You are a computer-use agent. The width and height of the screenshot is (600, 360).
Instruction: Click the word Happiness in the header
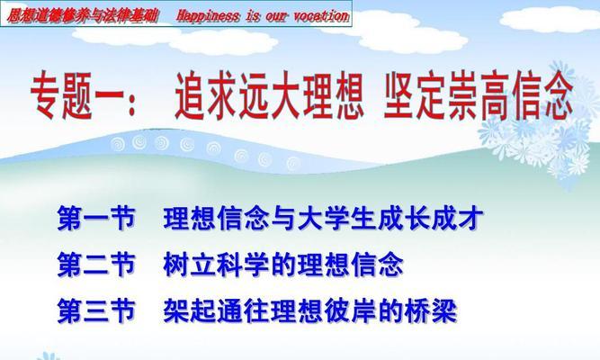click(x=208, y=16)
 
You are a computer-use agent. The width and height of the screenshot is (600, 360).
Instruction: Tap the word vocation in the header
click(x=321, y=16)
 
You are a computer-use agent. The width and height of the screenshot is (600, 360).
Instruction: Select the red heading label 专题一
click(x=76, y=96)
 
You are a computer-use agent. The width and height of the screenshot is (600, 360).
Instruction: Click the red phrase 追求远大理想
click(x=269, y=95)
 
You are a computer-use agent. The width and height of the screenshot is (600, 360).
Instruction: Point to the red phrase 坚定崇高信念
click(x=479, y=95)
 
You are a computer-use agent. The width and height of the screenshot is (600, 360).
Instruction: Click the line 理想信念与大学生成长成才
click(x=323, y=219)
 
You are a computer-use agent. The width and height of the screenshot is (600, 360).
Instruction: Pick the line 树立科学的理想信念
click(x=283, y=265)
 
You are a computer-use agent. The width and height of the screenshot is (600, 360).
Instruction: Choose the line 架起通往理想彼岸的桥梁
click(x=310, y=310)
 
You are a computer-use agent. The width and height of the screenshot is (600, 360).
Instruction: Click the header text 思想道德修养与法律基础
click(x=83, y=16)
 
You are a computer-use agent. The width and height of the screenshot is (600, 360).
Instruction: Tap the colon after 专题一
click(x=132, y=105)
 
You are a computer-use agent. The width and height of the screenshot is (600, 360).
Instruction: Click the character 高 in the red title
click(x=495, y=95)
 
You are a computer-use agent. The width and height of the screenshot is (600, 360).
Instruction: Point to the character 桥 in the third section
click(x=418, y=310)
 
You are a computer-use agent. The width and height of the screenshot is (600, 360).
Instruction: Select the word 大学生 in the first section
click(x=337, y=219)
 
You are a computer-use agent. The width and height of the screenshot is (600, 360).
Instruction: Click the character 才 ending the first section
click(x=471, y=219)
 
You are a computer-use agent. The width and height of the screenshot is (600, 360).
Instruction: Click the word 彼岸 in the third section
click(x=351, y=310)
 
